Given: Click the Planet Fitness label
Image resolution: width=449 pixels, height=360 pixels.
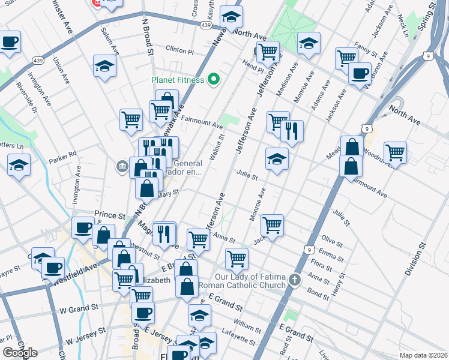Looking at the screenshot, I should (177, 80).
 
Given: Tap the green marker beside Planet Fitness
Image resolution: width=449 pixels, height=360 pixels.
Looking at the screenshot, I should (213, 79).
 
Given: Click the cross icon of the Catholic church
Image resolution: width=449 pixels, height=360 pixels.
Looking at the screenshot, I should (294, 280).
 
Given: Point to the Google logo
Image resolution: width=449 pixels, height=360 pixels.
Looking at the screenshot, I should (19, 353).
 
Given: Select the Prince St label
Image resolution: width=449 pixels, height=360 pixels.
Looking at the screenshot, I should (110, 214).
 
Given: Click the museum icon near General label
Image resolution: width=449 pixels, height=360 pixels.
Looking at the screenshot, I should (122, 165).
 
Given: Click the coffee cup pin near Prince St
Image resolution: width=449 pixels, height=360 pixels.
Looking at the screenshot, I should (83, 227).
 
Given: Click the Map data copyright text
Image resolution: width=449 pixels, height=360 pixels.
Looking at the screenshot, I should (424, 355).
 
